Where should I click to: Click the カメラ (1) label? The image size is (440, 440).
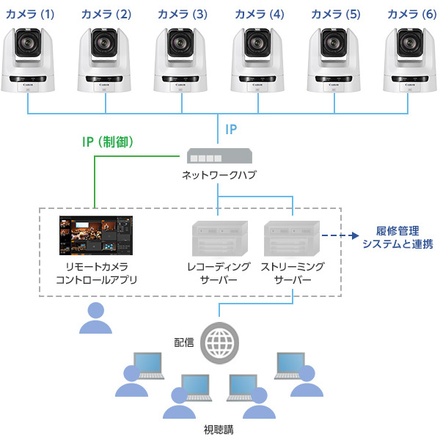[x=30, y=14]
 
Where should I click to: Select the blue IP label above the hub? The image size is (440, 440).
[x=230, y=131]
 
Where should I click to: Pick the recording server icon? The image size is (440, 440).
[x=218, y=237]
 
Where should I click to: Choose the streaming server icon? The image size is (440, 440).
[x=293, y=237]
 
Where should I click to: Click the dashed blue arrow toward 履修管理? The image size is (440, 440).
[x=339, y=236]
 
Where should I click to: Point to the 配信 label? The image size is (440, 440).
[x=184, y=342]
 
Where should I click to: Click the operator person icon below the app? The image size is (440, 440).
[x=96, y=317]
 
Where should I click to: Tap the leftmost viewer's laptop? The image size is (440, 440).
[x=145, y=364]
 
